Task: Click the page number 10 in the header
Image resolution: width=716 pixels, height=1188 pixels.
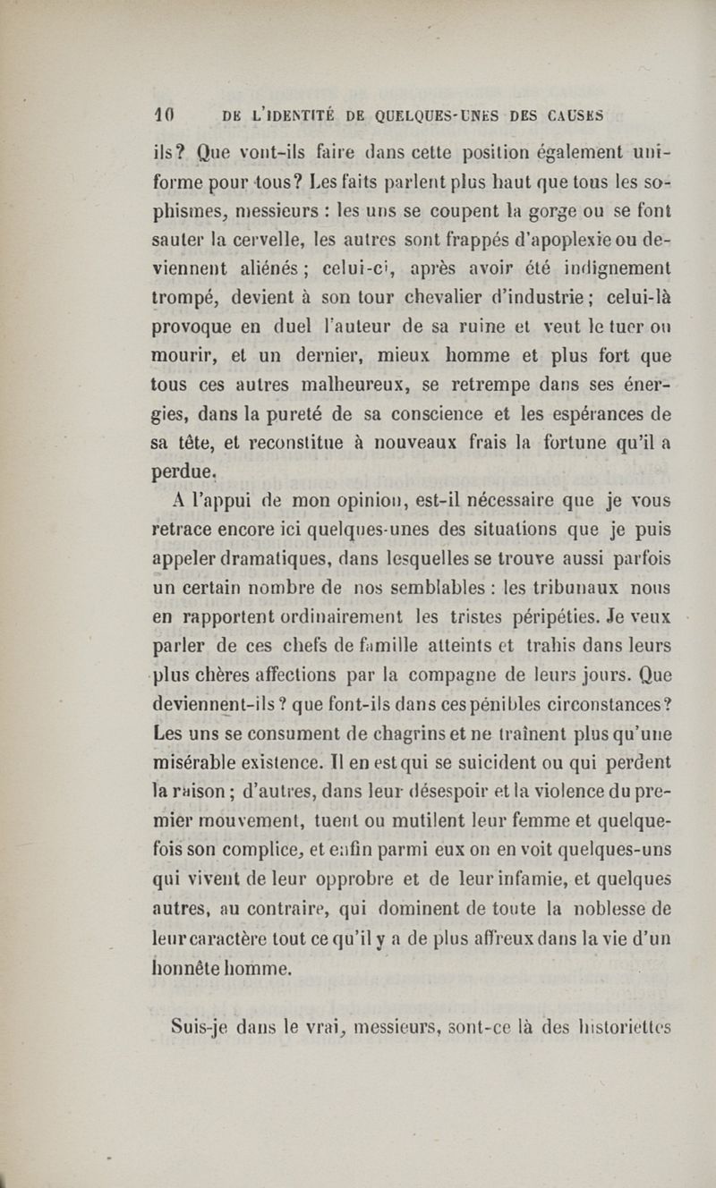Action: point(163,115)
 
